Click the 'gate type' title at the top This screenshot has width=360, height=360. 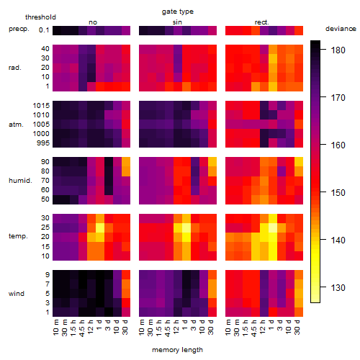(178, 12)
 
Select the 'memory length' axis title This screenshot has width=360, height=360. (177, 350)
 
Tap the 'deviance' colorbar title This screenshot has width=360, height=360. (341, 29)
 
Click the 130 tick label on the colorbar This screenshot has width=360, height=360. (338, 287)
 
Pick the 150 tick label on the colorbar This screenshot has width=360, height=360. (338, 192)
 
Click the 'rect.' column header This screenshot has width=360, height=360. (262, 22)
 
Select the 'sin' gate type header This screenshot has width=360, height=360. (177, 22)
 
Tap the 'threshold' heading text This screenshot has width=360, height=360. (40, 17)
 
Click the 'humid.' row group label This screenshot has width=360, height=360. (20, 181)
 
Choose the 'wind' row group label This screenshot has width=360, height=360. (17, 294)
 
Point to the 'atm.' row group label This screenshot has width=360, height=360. (16, 125)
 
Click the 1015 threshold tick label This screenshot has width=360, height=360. (41, 106)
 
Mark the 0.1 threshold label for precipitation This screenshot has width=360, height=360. (44, 30)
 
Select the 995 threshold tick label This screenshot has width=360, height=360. (43, 143)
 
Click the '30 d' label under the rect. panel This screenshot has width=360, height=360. (297, 327)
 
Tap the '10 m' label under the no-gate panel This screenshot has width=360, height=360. (55, 328)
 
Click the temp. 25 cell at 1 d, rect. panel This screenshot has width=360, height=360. (273, 228)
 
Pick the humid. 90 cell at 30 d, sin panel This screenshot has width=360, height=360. (212, 162)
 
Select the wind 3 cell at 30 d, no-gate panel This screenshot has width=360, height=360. (126, 302)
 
